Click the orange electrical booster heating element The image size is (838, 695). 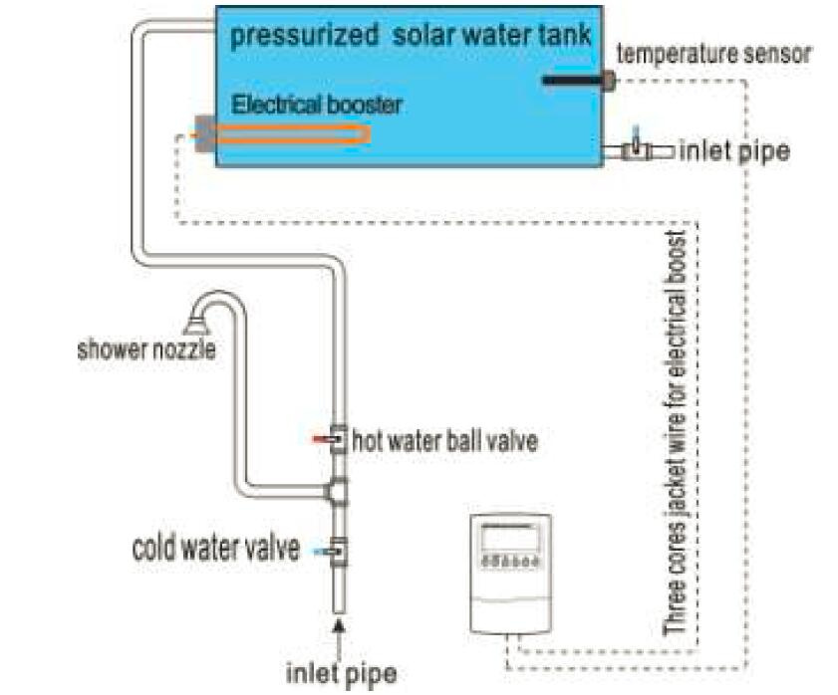click(x=293, y=133)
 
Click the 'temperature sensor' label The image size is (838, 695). click(x=714, y=54)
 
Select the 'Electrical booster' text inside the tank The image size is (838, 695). click(x=317, y=105)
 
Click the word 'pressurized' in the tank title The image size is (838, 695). click(x=304, y=35)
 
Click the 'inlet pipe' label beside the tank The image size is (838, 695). click(x=734, y=151)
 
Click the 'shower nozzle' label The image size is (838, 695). click(x=146, y=349)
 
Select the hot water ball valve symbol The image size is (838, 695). click(x=336, y=439)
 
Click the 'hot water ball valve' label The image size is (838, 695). click(x=444, y=441)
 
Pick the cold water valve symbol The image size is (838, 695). click(x=337, y=552)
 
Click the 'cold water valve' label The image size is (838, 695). click(x=216, y=548)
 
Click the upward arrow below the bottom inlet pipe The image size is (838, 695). click(x=339, y=638)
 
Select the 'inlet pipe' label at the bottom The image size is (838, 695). click(x=342, y=673)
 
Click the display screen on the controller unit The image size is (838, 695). click(x=509, y=538)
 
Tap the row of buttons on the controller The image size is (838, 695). click(x=510, y=562)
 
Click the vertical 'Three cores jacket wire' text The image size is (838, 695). click(x=675, y=433)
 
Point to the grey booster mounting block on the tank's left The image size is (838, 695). click(x=204, y=133)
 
